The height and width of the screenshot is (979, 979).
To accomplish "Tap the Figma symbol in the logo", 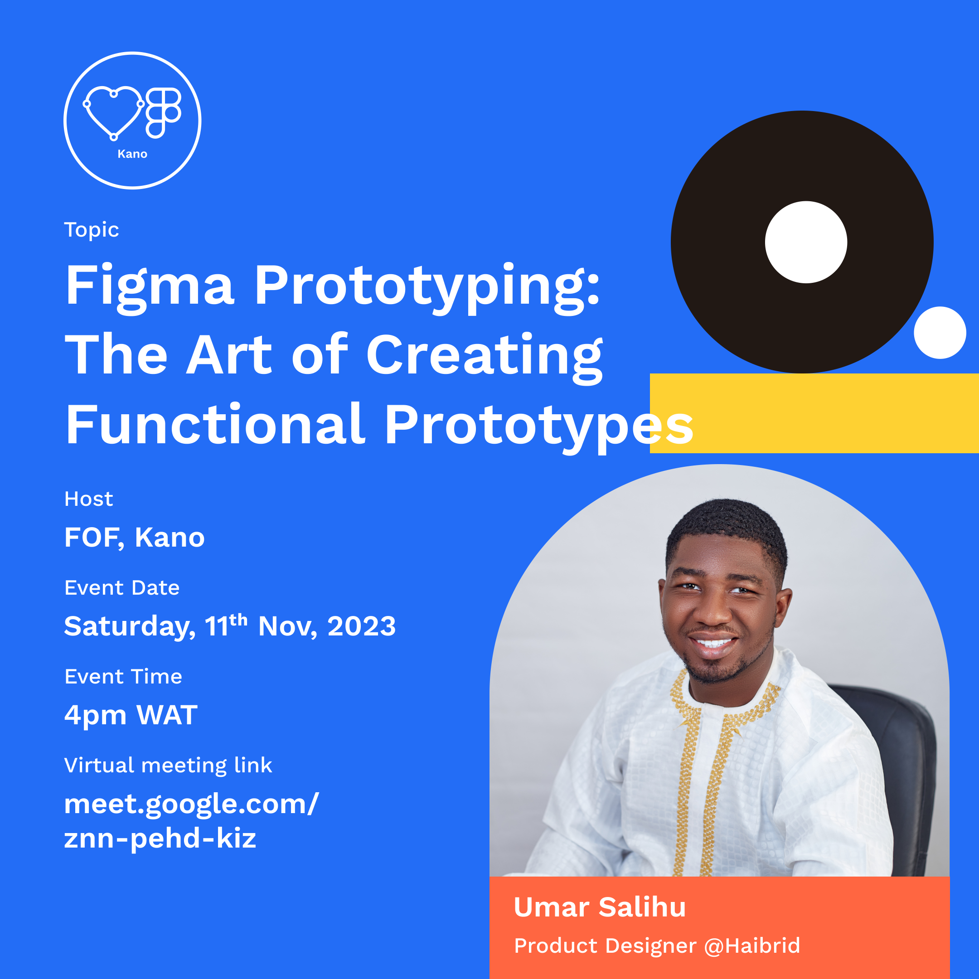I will (x=163, y=112).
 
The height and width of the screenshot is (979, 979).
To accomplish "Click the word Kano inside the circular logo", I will (x=132, y=154).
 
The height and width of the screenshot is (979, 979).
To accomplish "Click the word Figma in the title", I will (x=150, y=287).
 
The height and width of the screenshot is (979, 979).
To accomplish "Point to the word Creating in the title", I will (x=484, y=356).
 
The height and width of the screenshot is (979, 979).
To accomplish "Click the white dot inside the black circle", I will (x=806, y=242).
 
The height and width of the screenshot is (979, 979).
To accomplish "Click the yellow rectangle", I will (x=836, y=413).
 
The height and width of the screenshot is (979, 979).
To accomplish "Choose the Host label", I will (x=89, y=499).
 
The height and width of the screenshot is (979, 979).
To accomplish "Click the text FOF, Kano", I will (x=134, y=538).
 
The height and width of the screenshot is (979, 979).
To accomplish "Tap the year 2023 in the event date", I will (x=361, y=626).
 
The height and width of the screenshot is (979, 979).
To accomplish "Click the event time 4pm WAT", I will (x=131, y=716).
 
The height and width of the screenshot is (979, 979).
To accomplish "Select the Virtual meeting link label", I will (x=168, y=765).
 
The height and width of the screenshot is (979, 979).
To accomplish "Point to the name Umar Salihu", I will (x=600, y=907).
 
